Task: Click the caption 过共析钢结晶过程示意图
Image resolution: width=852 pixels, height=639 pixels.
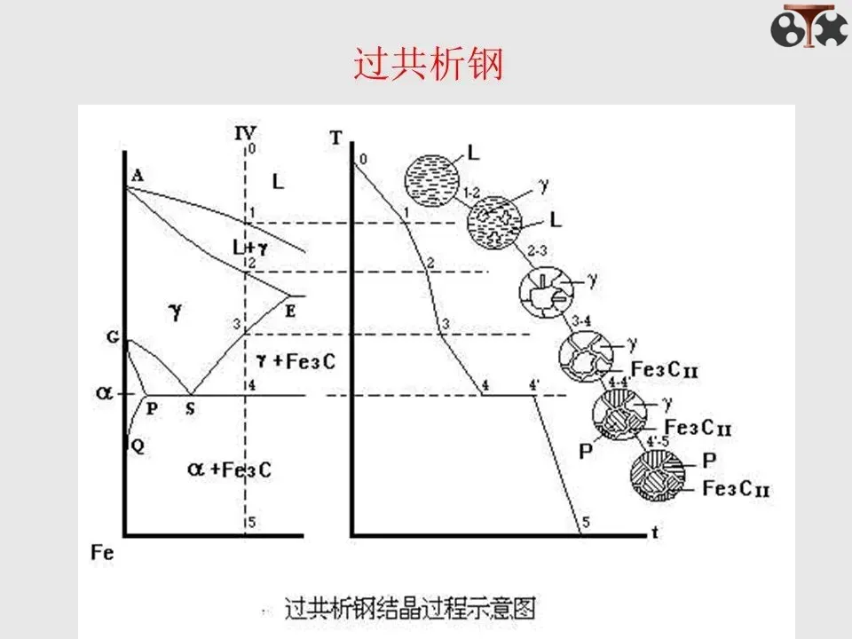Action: [410, 609]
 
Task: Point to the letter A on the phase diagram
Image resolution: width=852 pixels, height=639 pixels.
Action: [137, 176]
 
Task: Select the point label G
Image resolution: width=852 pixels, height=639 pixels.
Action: [112, 337]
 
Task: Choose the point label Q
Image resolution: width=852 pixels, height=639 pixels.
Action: [137, 446]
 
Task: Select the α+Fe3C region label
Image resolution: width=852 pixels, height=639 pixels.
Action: [230, 469]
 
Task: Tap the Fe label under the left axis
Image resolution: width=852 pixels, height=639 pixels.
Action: [104, 552]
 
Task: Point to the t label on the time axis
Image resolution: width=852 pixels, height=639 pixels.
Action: [655, 533]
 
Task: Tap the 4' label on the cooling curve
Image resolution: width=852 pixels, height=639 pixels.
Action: [534, 384]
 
